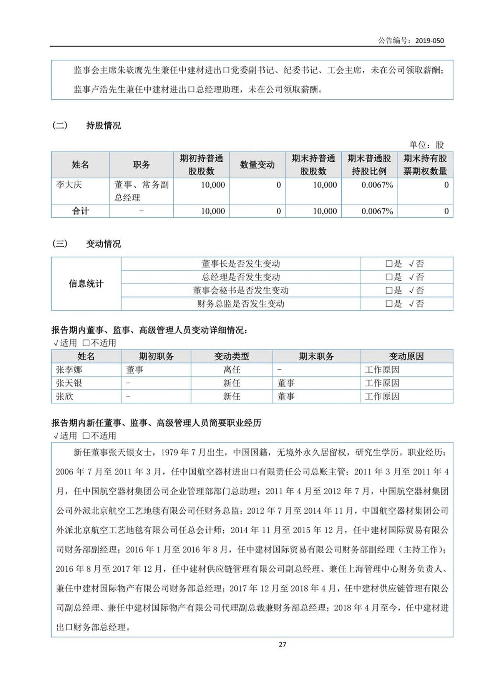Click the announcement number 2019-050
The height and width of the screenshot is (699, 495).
[x=429, y=41]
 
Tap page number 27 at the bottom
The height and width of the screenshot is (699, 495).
[x=282, y=645]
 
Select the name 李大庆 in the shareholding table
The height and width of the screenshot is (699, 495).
[x=69, y=185]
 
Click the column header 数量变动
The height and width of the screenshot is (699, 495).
[x=257, y=165]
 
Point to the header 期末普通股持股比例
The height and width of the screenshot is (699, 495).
[x=369, y=165]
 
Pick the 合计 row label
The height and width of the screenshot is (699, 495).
[x=80, y=211]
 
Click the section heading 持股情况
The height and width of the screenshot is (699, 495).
[x=103, y=126]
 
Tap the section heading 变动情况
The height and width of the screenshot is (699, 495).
[x=103, y=244]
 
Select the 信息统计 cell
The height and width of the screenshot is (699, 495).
[x=86, y=283]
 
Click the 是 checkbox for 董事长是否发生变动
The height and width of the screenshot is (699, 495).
[x=389, y=264]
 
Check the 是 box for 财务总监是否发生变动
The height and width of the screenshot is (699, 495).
[x=389, y=304]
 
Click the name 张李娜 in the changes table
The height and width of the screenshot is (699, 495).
[x=69, y=370]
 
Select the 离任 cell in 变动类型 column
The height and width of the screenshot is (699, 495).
[x=231, y=370]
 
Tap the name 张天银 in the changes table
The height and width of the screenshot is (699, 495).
[x=69, y=383]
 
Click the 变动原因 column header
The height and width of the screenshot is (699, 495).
[x=406, y=356]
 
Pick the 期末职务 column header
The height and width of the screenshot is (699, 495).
[x=316, y=356]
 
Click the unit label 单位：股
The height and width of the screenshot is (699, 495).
[x=427, y=145]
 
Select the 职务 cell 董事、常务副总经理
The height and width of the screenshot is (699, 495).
[x=141, y=191]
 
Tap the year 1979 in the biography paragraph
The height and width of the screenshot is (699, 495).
[x=169, y=452]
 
